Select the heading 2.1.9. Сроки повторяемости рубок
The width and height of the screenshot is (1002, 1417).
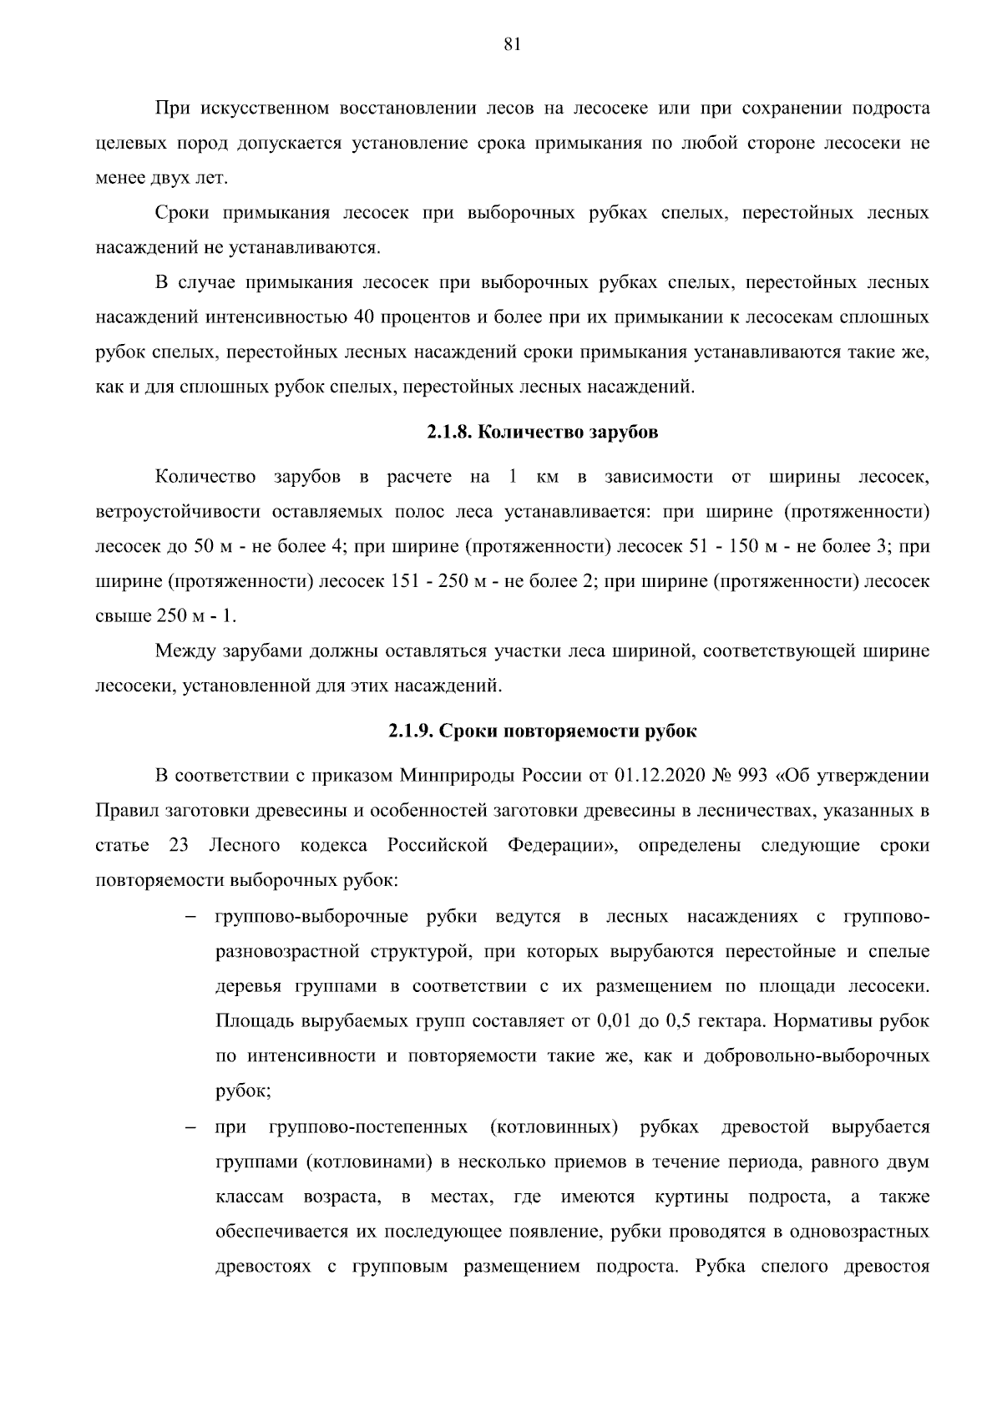point(542,731)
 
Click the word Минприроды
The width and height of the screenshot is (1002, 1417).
point(458,776)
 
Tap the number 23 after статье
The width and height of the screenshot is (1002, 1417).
point(179,846)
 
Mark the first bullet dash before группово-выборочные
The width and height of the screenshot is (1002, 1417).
point(190,918)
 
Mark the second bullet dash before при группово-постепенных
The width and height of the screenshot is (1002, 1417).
point(190,1129)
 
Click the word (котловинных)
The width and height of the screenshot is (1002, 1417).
point(554,1128)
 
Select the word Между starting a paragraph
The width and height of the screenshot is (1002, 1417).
point(184,651)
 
